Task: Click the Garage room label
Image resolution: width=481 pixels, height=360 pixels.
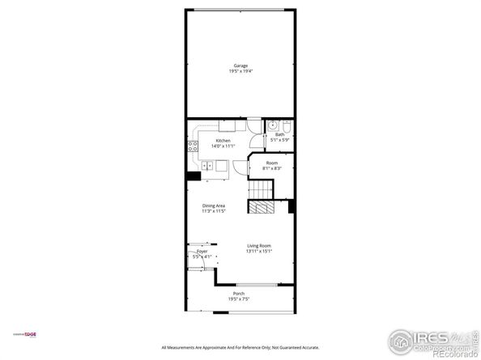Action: [240, 66]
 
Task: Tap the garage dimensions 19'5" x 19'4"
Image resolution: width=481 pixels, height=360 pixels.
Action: [240, 72]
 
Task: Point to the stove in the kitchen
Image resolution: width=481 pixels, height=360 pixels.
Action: [193, 146]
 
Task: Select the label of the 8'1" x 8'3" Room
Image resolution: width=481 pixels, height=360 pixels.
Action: [273, 163]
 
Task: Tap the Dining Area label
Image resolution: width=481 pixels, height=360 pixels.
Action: [214, 205]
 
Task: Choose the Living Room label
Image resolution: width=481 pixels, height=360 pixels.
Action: [258, 246]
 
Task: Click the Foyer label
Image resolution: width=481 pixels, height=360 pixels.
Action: [202, 252]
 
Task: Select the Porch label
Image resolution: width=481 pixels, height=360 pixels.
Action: [238, 293]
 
